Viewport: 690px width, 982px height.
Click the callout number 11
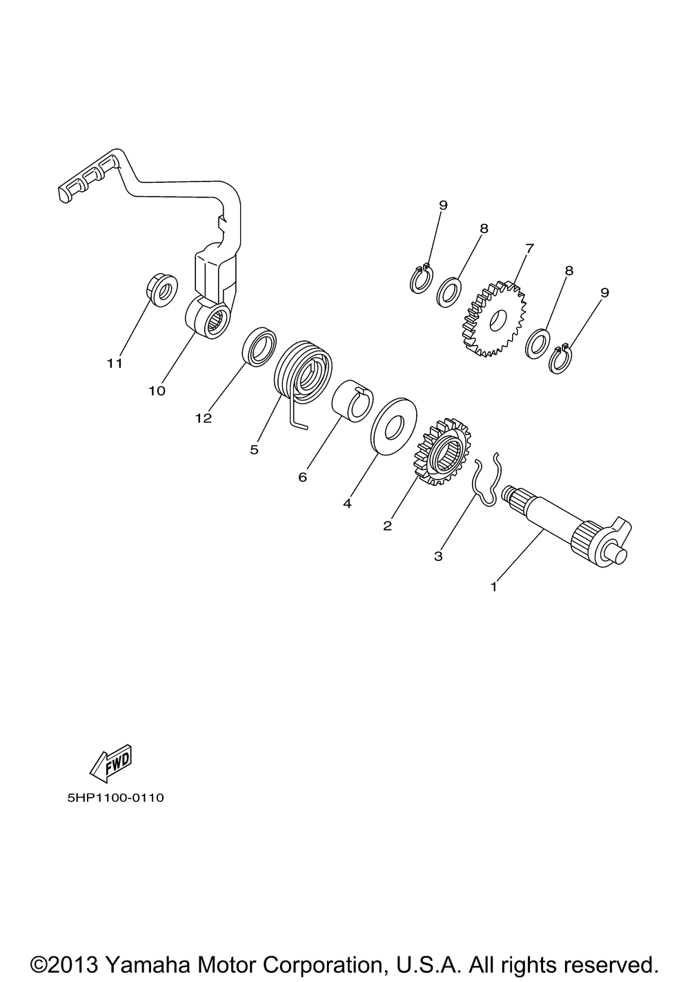pos(115,364)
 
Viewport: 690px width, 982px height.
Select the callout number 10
pos(157,391)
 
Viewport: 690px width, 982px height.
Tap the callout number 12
pos(204,418)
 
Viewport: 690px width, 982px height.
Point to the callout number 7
pos(529,248)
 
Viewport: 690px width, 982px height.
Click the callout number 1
pos(493,587)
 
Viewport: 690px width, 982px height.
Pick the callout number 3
pos(438,556)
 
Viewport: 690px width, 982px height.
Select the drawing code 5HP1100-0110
pos(116,798)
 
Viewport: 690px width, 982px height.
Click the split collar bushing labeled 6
pos(352,401)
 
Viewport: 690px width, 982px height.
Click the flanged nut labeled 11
pos(161,290)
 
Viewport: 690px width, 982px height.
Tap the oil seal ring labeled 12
pos(259,346)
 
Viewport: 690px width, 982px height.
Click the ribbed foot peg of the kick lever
pos(88,176)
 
